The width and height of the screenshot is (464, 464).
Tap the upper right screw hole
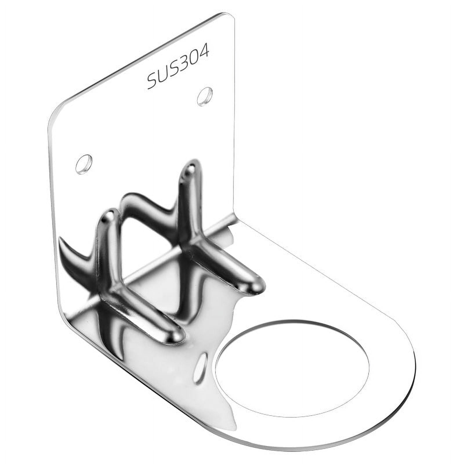[x=205, y=96]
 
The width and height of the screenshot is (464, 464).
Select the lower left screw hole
[x=84, y=164]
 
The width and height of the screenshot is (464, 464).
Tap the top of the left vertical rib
[x=110, y=216]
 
